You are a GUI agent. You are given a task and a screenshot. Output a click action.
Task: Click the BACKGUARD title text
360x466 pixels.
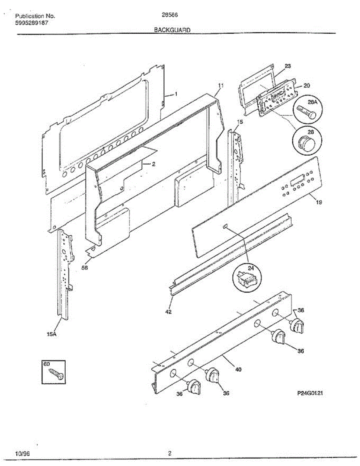pyautogui.click(x=172, y=30)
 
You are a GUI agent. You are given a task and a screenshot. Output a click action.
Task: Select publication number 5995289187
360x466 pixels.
pyautogui.click(x=32, y=23)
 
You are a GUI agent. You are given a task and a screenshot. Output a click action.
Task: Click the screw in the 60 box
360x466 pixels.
pyautogui.click(x=57, y=374)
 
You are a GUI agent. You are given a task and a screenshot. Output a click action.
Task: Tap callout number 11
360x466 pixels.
pyautogui.click(x=221, y=85)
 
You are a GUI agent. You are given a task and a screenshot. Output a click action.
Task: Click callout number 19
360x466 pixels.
pyautogui.click(x=319, y=202)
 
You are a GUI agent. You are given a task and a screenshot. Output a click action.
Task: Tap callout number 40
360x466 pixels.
pyautogui.click(x=238, y=369)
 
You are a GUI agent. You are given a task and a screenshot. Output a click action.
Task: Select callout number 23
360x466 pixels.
pyautogui.click(x=287, y=66)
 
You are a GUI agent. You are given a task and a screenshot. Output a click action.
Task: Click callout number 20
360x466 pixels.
pyautogui.click(x=306, y=85)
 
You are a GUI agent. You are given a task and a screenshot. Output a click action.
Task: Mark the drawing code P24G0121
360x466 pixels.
pyautogui.click(x=310, y=393)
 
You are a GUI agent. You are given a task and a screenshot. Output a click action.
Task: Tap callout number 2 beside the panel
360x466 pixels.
pyautogui.click(x=153, y=164)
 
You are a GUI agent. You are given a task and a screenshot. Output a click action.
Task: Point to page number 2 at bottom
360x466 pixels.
pyautogui.click(x=170, y=453)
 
